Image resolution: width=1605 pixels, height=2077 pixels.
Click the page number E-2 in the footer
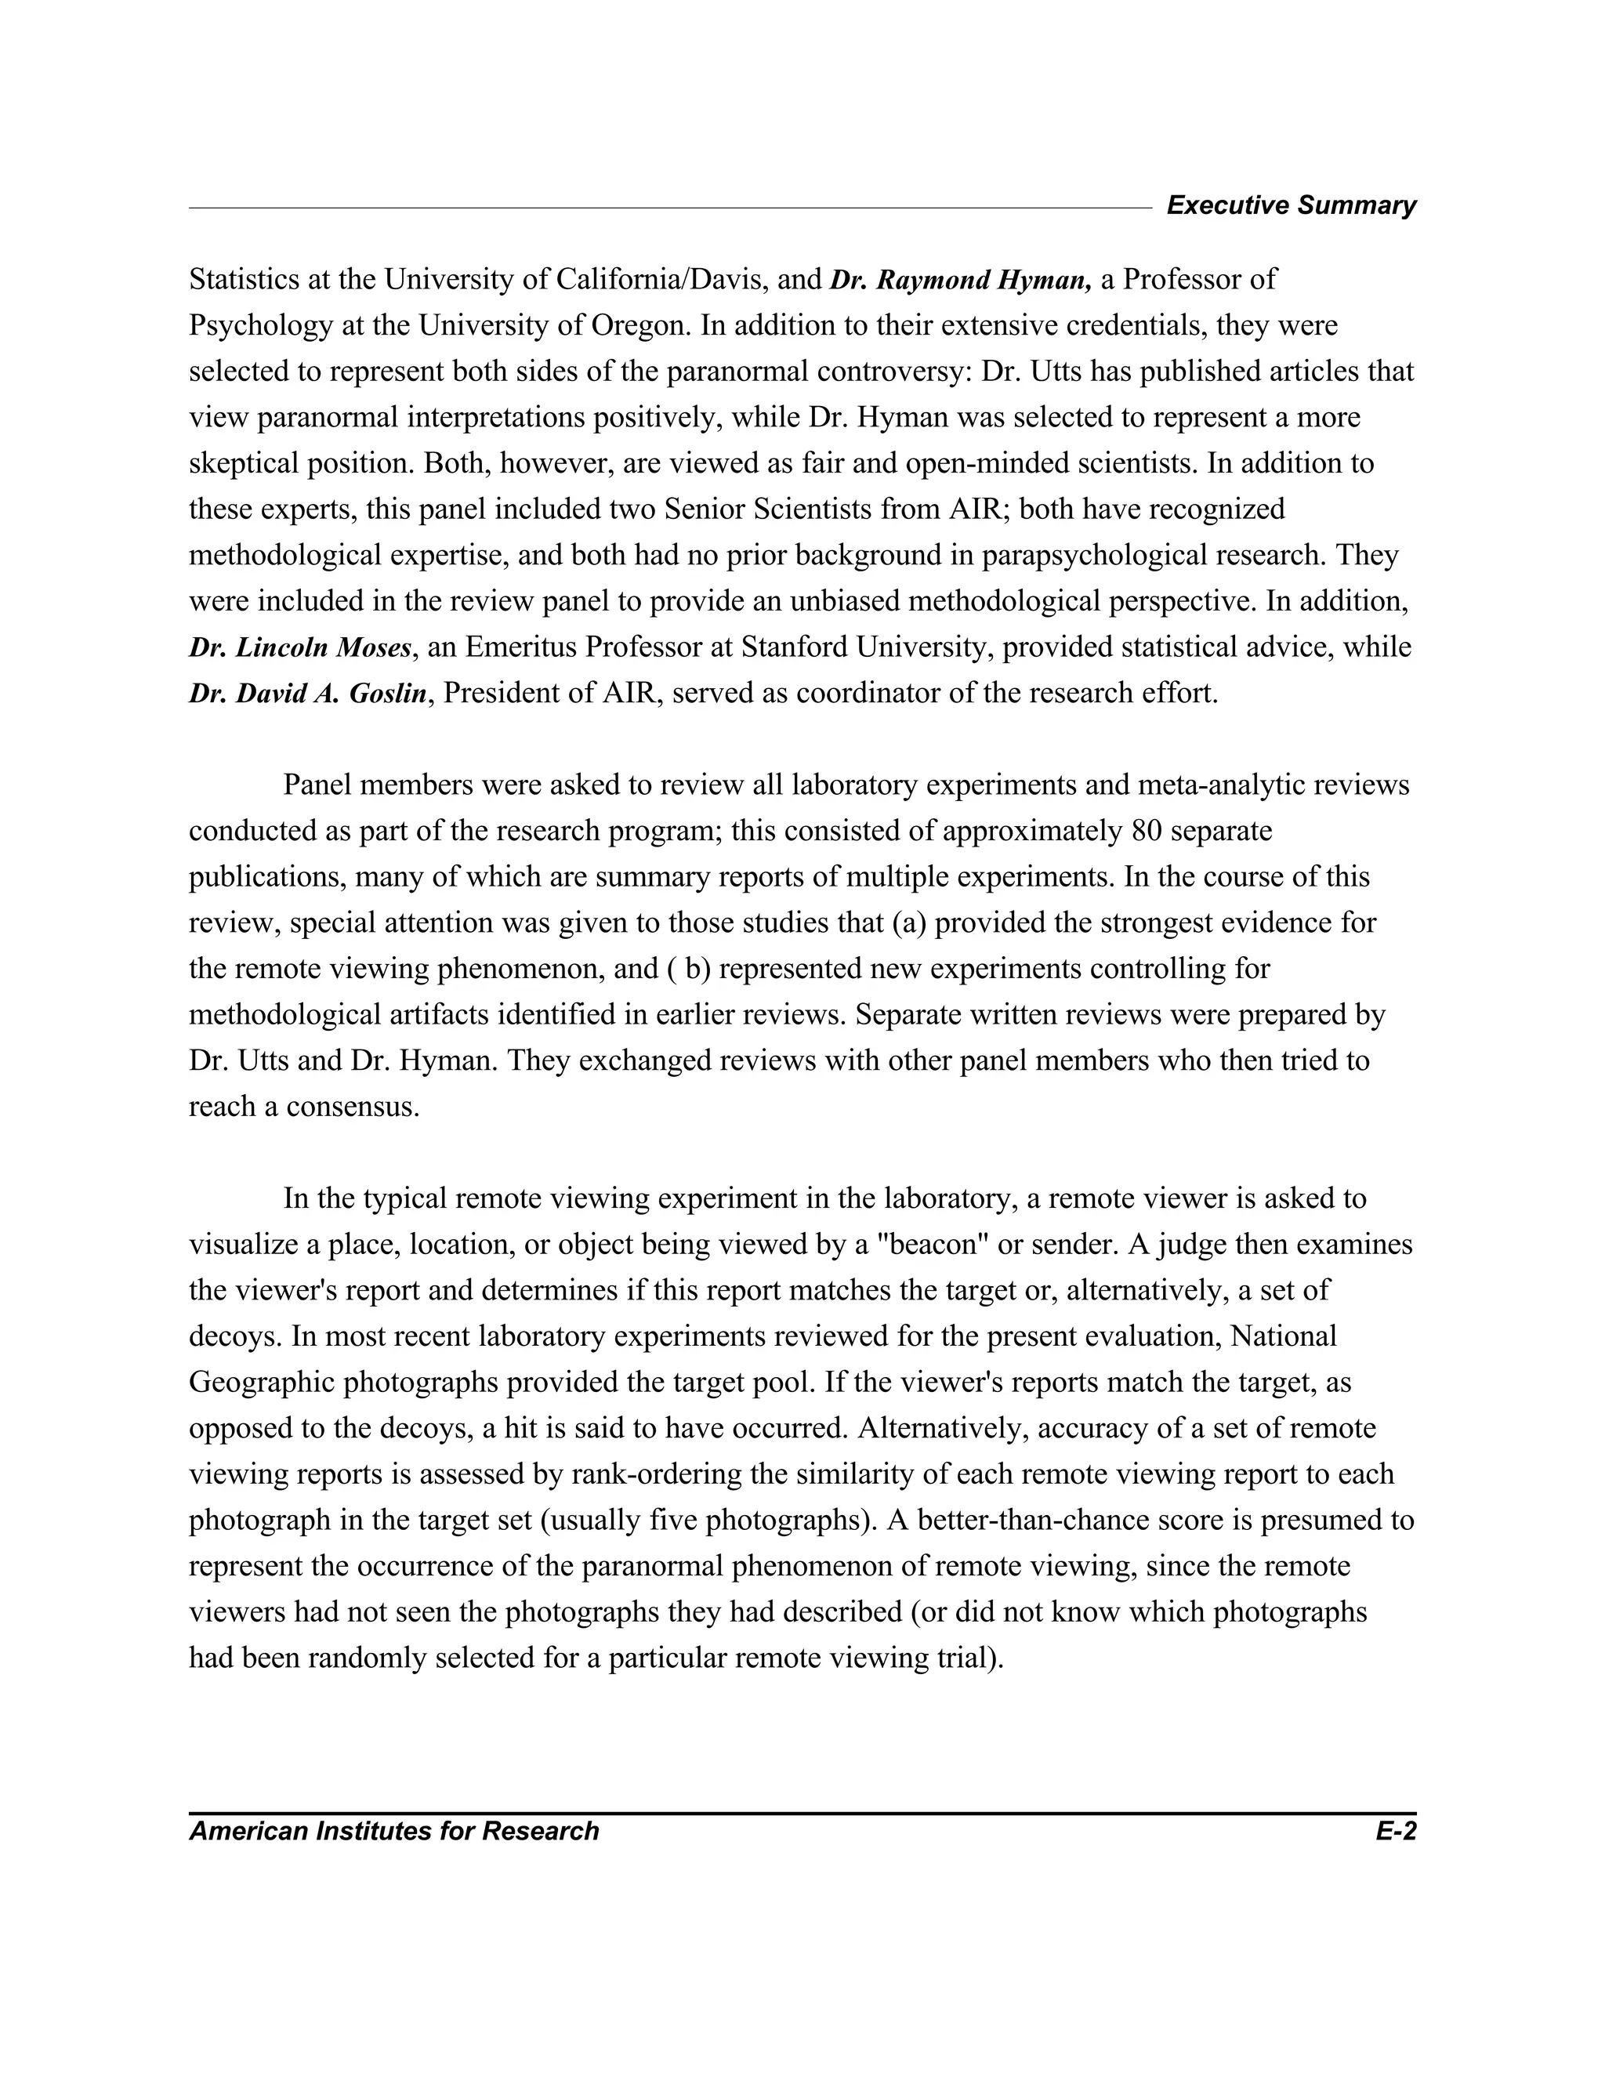point(1395,1831)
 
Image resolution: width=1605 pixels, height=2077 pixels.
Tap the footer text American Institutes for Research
point(393,1831)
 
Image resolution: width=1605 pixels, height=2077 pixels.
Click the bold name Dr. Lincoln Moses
point(300,647)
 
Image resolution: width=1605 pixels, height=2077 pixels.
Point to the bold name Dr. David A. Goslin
point(308,694)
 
